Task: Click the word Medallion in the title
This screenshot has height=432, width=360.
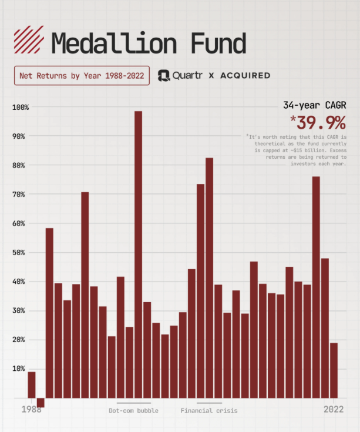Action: (x=114, y=43)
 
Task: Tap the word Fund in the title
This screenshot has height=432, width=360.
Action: (x=218, y=43)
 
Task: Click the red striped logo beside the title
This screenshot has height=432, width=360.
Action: (x=29, y=39)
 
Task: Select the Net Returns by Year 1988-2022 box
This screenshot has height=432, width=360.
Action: (x=82, y=75)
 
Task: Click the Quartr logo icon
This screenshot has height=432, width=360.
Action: (x=164, y=75)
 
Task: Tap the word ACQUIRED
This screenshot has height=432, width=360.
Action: (x=245, y=75)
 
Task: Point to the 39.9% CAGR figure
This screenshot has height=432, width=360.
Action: (x=318, y=123)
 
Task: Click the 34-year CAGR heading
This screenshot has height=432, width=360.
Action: (x=315, y=105)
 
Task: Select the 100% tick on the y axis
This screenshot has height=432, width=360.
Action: (x=21, y=107)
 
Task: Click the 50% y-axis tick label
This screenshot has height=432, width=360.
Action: (x=18, y=252)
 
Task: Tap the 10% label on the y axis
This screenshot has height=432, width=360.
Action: (x=18, y=369)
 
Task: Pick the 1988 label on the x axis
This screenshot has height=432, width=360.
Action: (x=31, y=410)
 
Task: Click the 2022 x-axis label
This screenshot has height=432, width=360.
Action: (x=334, y=410)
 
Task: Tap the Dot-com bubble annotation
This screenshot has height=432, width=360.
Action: (x=133, y=411)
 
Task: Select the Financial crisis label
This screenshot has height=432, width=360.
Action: (x=209, y=411)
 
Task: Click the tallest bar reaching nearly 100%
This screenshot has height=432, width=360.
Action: (x=139, y=254)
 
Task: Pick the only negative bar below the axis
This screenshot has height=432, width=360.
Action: (x=41, y=403)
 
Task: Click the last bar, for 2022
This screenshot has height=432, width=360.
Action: (x=334, y=370)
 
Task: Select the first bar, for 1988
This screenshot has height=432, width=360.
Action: (x=32, y=385)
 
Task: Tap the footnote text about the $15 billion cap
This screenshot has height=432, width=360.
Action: (x=297, y=150)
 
